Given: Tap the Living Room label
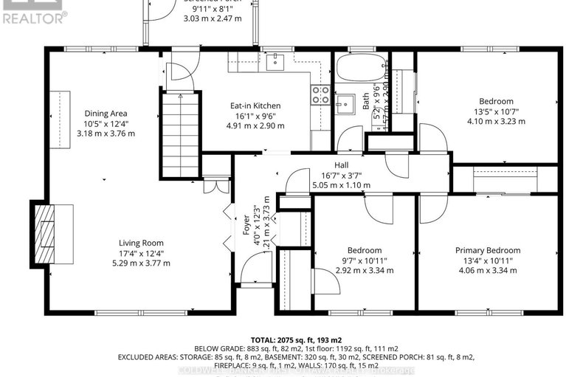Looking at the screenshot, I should pos(141,243).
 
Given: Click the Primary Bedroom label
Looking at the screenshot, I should pos(487,250).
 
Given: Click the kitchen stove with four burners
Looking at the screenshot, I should pos(321,94).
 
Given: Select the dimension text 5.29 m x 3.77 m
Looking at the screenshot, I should pos(141,263).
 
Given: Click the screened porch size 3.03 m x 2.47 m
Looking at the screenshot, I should pos(213,18).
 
